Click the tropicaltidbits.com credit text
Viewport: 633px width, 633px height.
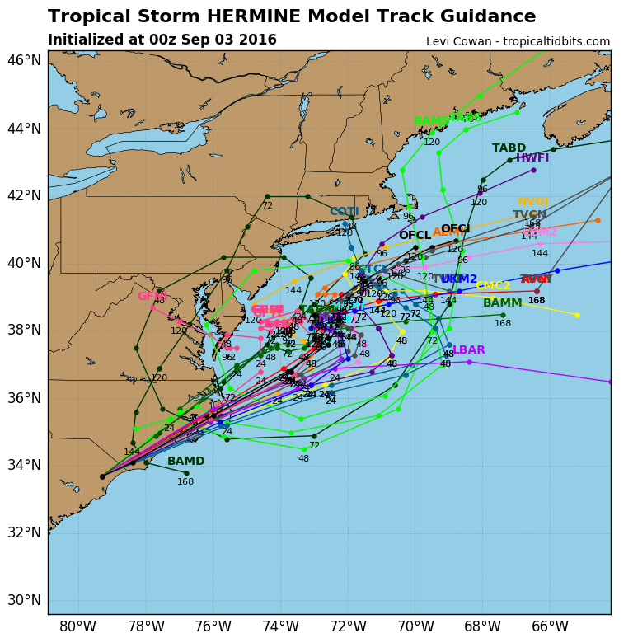click(518, 41)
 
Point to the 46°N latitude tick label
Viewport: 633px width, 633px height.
click(24, 60)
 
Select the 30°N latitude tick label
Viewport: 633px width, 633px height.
click(24, 600)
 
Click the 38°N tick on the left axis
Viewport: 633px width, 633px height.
click(24, 330)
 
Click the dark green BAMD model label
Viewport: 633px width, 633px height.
click(185, 462)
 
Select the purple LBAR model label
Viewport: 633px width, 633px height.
click(469, 350)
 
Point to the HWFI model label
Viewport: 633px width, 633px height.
click(532, 158)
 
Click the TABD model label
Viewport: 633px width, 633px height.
click(509, 148)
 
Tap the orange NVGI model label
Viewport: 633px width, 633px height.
click(533, 202)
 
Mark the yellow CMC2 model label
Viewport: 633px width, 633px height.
click(493, 286)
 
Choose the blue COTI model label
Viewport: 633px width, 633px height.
click(345, 212)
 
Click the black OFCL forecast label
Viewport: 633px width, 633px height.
click(415, 236)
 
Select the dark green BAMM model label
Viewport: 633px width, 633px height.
click(503, 303)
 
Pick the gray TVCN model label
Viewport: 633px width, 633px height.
click(529, 215)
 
